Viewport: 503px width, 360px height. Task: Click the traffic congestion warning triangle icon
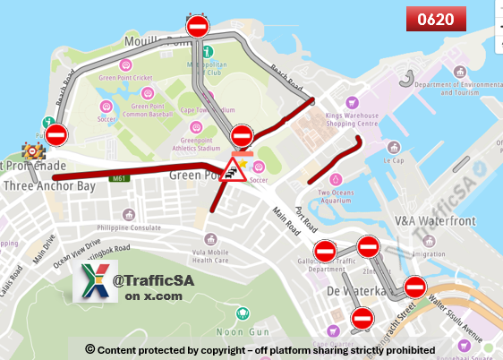tap(234, 168)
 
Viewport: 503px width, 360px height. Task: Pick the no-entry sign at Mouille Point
tap(197, 26)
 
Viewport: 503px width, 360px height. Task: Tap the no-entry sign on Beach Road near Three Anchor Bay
tap(56, 135)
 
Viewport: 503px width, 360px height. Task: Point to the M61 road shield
tap(119, 179)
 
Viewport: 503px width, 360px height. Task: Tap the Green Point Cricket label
tap(125, 77)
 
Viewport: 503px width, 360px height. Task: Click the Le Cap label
tap(394, 160)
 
